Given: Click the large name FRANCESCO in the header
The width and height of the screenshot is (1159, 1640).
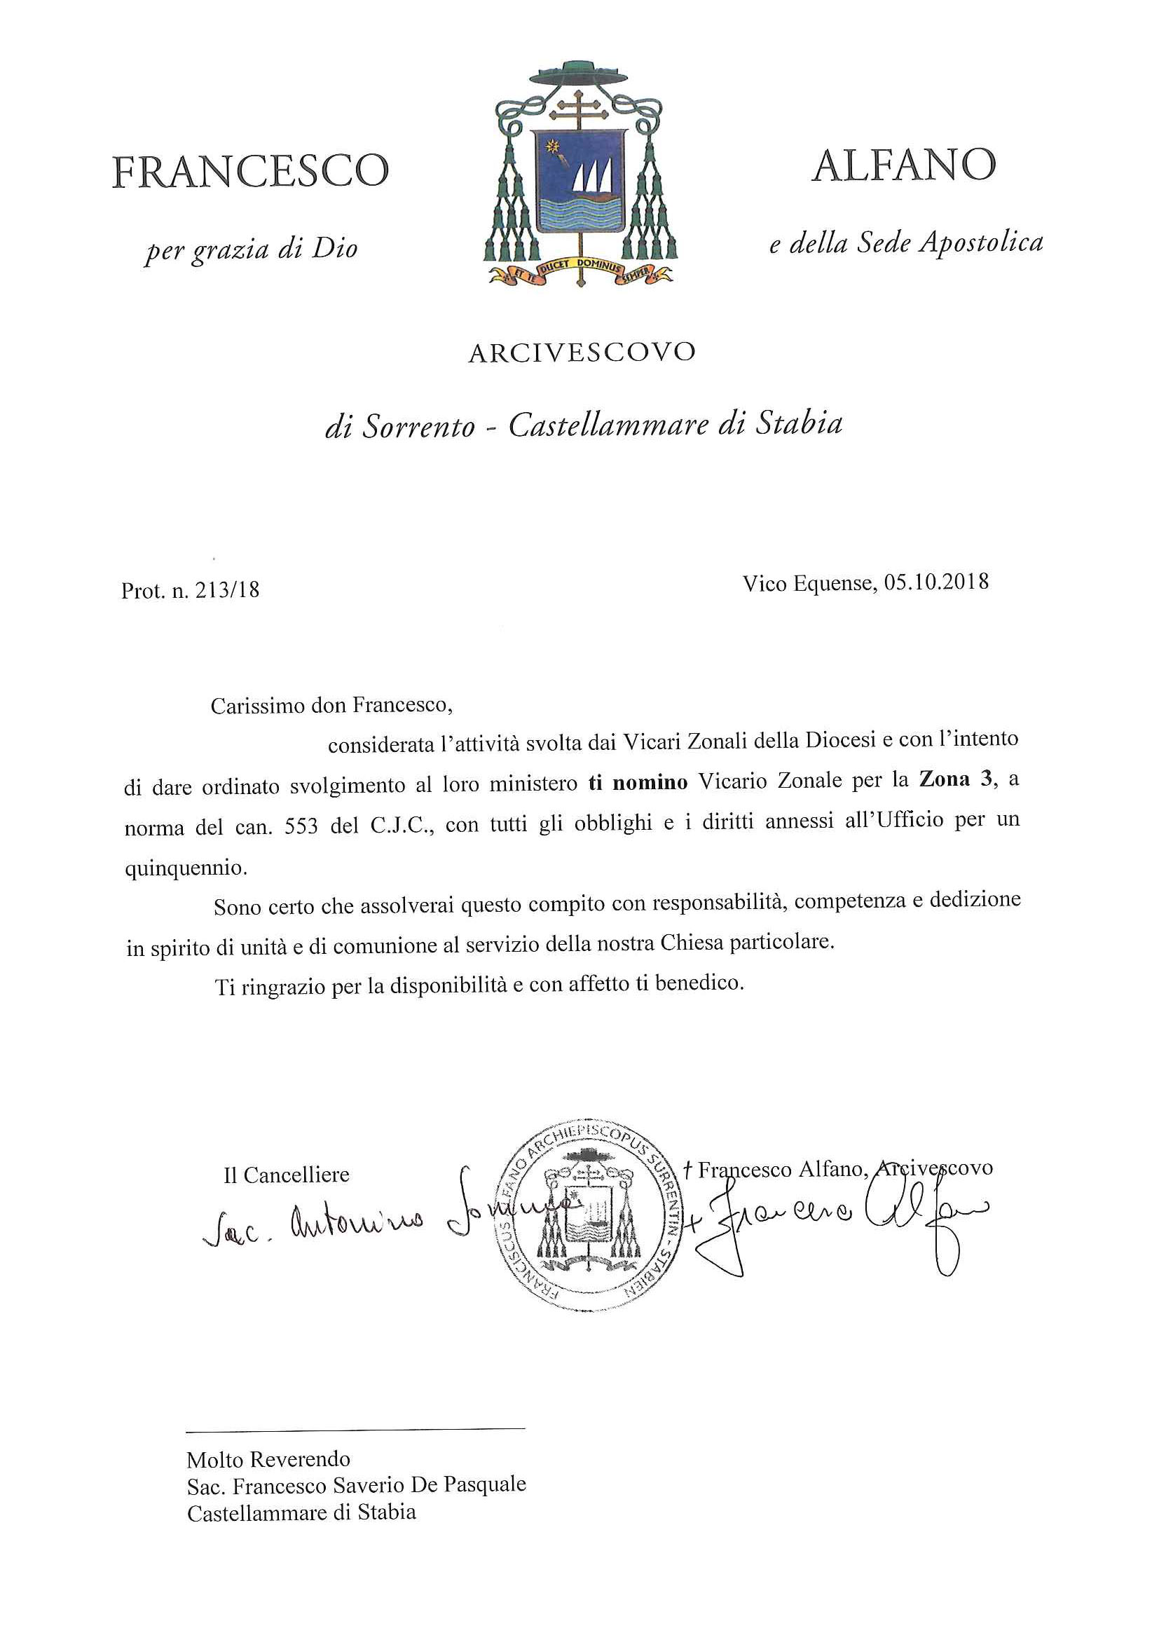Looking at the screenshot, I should (250, 172).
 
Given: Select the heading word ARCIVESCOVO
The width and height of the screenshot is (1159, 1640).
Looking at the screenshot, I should (582, 353).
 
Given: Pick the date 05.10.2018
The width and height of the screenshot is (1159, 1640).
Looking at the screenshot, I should (936, 583).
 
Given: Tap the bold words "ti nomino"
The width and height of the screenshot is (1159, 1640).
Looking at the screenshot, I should (638, 781).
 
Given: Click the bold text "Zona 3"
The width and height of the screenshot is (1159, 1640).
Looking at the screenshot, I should (956, 779).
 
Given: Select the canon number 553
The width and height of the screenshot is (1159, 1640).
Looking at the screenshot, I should (301, 826).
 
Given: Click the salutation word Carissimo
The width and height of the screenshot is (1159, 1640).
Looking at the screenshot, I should (257, 706).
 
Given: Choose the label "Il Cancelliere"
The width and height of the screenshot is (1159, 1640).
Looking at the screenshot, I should (287, 1175).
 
